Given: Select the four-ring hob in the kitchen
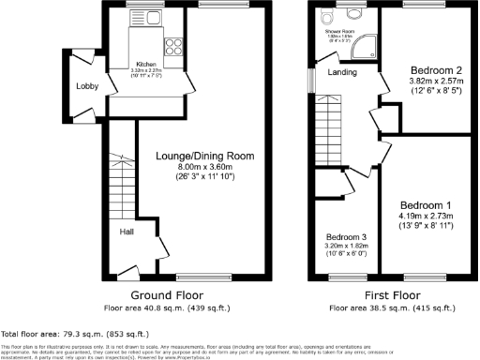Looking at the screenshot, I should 174,42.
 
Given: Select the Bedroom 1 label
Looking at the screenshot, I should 427,205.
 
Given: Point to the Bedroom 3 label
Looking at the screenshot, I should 347,237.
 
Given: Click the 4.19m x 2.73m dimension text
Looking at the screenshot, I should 427,216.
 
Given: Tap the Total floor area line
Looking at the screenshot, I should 74,333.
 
